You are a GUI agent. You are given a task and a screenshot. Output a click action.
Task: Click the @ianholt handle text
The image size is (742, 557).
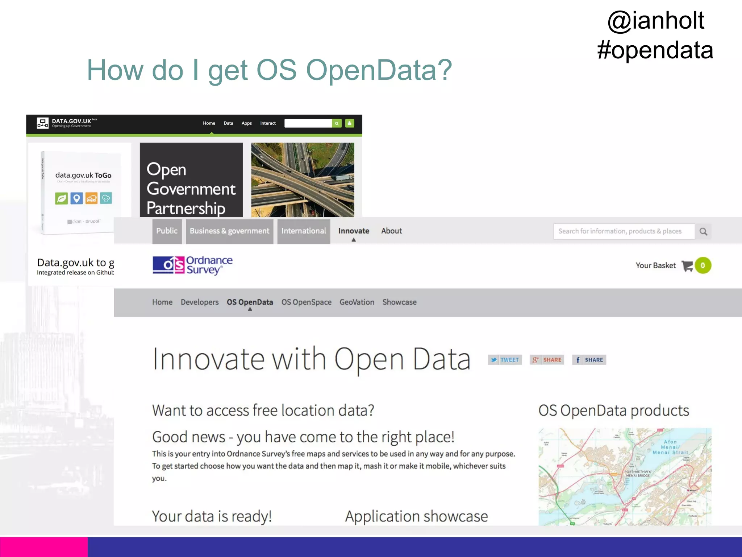click(656, 20)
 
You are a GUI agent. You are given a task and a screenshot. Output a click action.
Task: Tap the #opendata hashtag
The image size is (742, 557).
click(655, 50)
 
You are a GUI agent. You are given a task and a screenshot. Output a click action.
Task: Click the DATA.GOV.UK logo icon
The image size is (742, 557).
click(42, 123)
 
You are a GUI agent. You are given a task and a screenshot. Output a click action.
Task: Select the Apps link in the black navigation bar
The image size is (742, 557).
click(246, 123)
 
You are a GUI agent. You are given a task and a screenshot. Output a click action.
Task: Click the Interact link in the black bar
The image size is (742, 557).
click(268, 123)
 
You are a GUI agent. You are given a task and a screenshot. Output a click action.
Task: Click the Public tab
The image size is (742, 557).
click(167, 231)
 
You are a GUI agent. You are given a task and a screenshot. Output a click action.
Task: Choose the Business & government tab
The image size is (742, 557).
click(229, 231)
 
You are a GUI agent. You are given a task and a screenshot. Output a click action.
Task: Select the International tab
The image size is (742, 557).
click(304, 231)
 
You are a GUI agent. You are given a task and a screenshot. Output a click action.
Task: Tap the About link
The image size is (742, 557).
click(391, 231)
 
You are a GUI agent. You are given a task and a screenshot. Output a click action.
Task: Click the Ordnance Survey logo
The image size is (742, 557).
click(192, 265)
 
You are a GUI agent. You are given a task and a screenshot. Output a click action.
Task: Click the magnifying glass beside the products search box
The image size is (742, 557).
click(703, 231)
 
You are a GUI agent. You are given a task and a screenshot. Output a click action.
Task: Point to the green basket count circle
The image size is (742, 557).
click(703, 265)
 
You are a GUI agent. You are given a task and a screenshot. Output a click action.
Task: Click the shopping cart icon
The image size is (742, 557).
click(687, 266)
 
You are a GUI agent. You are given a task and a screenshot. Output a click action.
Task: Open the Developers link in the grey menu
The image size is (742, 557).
click(200, 302)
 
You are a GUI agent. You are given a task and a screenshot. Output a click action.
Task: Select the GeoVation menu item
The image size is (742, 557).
click(357, 302)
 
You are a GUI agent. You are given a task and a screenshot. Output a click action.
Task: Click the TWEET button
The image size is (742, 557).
click(505, 360)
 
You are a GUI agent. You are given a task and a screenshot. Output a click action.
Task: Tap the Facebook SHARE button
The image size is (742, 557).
click(589, 360)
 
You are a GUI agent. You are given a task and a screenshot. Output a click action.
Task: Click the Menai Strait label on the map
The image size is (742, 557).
click(670, 447)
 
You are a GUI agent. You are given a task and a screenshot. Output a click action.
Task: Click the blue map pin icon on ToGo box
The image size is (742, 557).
click(76, 198)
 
